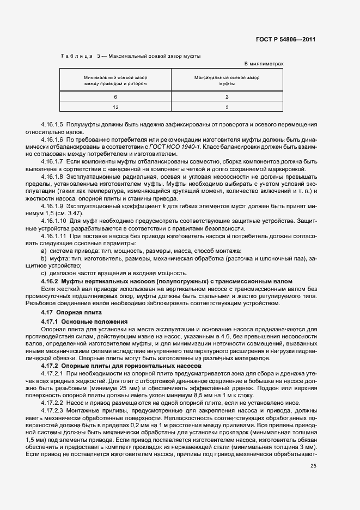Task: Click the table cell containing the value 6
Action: (x=115, y=96)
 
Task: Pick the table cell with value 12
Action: (x=115, y=107)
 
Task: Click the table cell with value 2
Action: (x=227, y=96)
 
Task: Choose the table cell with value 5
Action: (x=227, y=107)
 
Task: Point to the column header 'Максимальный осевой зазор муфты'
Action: (x=227, y=81)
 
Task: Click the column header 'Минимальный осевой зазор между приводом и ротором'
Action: (x=115, y=81)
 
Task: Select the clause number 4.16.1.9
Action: (x=52, y=206)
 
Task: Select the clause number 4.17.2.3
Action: (x=52, y=409)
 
